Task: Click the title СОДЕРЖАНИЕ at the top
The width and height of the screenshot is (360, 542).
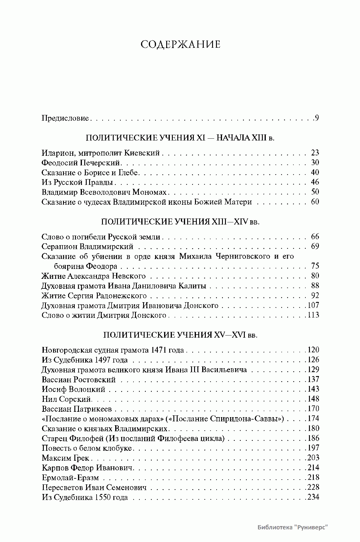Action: [180, 44]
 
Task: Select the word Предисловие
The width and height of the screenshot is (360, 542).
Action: [65, 118]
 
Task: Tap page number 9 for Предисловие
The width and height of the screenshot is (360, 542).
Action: [317, 118]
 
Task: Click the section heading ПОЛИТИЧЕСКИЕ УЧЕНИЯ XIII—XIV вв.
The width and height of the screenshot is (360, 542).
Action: [180, 222]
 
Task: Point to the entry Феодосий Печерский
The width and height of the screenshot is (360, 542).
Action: [81, 163]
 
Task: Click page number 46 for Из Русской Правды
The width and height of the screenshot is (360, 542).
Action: [315, 182]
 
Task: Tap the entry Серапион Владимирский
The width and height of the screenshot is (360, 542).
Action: [87, 247]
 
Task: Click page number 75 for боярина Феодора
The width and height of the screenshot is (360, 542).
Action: [315, 266]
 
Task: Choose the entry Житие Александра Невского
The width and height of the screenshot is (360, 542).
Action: [94, 276]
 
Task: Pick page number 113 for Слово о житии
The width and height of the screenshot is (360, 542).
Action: [313, 315]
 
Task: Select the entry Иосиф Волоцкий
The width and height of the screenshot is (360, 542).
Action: [73, 389]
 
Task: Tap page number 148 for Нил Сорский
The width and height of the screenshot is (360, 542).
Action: [313, 399]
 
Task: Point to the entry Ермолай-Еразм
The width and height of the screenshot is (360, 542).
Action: [70, 477]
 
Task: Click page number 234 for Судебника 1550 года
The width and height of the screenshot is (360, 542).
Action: [313, 497]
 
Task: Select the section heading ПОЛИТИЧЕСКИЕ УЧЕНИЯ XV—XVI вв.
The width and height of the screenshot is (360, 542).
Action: [180, 335]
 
